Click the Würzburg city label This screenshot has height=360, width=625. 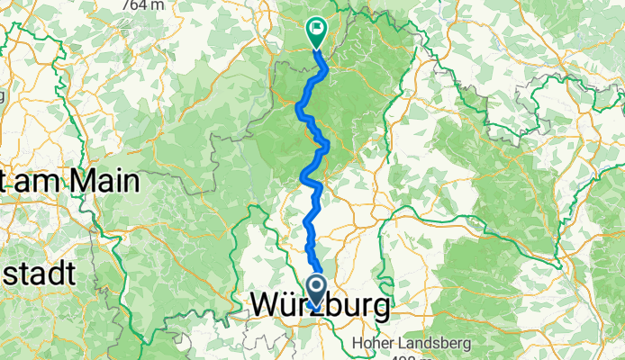(320, 307)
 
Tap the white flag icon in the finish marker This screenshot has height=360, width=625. (317, 29)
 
